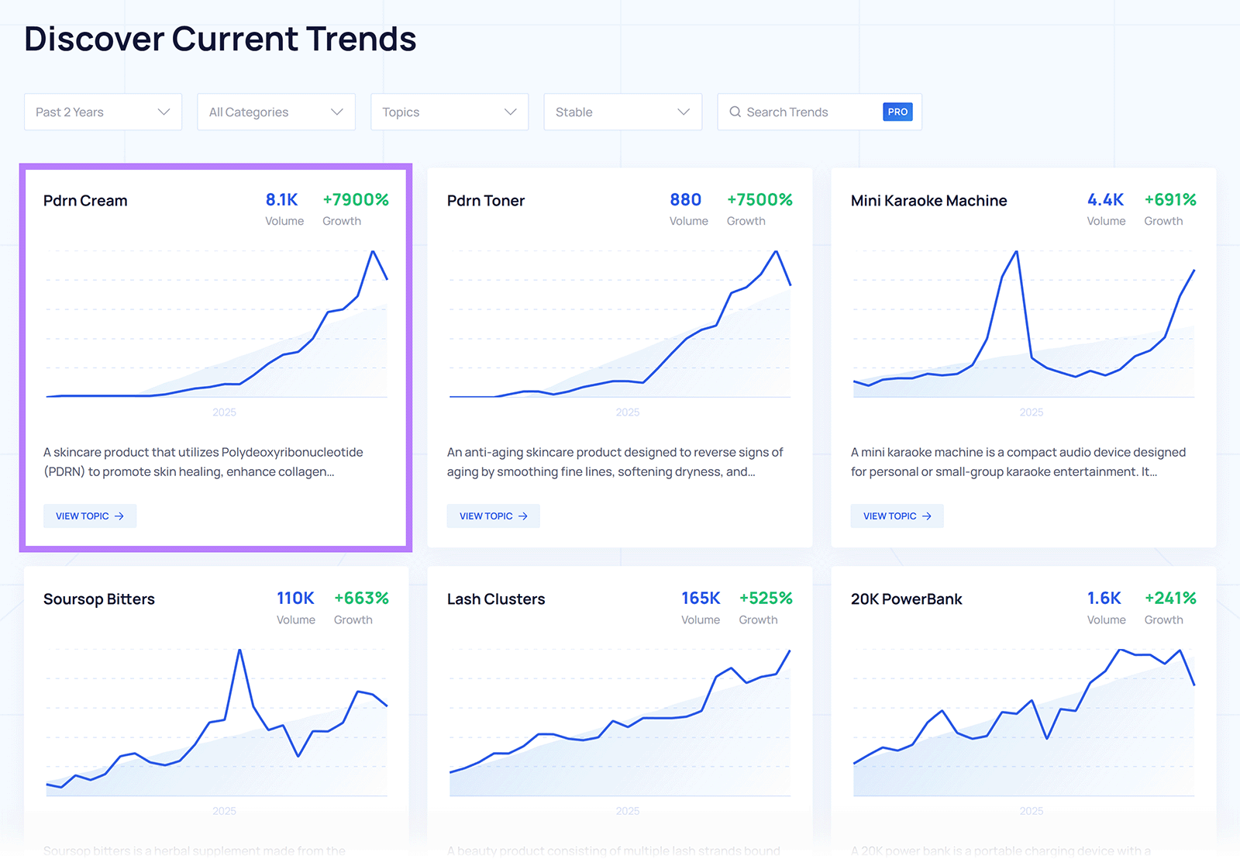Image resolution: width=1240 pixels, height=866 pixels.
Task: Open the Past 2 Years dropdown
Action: [x=102, y=112]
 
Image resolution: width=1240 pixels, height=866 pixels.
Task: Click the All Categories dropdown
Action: [x=276, y=112]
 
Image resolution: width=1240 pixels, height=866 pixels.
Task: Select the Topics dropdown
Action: [x=449, y=112]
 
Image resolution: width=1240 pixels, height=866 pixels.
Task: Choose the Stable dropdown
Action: [x=622, y=112]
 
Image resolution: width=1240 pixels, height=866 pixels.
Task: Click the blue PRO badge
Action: [x=897, y=112]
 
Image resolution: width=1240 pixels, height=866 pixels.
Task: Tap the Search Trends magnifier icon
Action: [x=735, y=112]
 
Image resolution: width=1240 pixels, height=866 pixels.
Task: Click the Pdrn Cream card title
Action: [x=85, y=201]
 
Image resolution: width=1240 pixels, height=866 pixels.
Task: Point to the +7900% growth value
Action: [x=355, y=200]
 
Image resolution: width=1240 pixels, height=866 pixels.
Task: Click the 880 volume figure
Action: [x=685, y=200]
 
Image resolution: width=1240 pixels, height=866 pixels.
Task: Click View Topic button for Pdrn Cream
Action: [x=90, y=516]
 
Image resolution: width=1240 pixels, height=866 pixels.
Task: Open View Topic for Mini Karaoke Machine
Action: [x=897, y=516]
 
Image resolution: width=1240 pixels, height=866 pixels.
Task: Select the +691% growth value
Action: [x=1169, y=200]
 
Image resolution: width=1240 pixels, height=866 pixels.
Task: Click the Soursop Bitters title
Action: [x=99, y=599]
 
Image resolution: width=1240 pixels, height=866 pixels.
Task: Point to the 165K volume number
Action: [x=701, y=599]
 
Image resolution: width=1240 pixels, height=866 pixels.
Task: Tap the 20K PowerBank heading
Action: [x=906, y=599]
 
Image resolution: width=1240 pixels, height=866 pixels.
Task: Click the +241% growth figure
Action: [x=1169, y=599]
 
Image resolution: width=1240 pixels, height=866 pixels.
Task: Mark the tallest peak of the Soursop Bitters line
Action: [x=239, y=650]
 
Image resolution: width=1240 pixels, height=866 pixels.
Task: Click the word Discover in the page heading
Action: [x=94, y=39]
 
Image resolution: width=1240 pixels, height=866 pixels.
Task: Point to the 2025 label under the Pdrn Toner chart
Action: [x=627, y=412]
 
